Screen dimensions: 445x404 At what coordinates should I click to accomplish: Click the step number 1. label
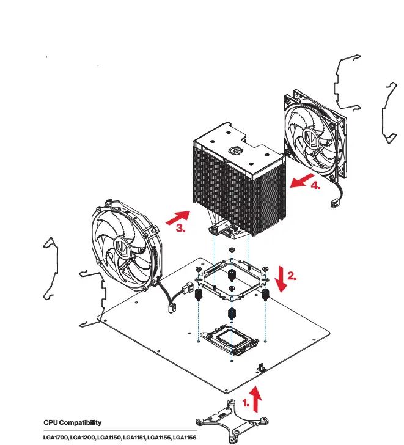click(x=246, y=403)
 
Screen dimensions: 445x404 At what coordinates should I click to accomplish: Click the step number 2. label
click(x=292, y=276)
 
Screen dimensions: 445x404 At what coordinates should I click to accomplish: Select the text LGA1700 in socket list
click(x=55, y=438)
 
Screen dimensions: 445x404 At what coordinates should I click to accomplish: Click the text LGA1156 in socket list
click(x=184, y=438)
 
